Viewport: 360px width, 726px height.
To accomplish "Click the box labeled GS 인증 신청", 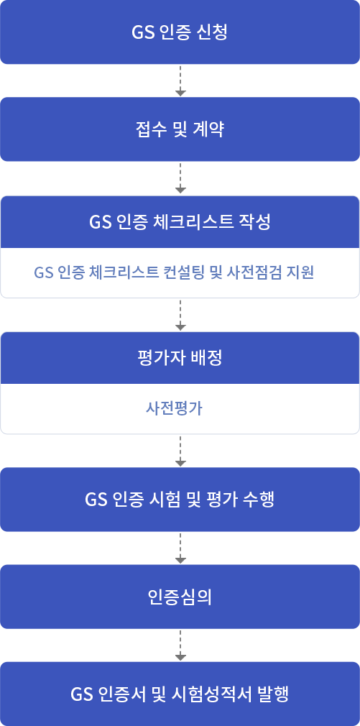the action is (180, 32).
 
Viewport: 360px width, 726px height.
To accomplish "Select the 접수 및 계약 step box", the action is (180, 129).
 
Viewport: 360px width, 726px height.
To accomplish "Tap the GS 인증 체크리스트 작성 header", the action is (180, 222).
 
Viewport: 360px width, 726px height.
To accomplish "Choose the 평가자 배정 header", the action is (180, 358).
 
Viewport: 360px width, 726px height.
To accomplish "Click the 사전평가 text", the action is (174, 408).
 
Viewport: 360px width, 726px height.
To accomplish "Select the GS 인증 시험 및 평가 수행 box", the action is (180, 500).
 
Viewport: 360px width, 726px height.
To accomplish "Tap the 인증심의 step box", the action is (180, 597).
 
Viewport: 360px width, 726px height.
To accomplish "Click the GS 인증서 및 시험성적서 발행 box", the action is (180, 694).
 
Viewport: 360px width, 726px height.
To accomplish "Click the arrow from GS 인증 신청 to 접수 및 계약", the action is (180, 81).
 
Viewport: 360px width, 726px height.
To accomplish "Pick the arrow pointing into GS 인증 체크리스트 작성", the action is (180, 178).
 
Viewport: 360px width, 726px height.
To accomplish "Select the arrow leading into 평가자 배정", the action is (180, 316).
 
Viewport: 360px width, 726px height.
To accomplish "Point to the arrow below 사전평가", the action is (180, 451).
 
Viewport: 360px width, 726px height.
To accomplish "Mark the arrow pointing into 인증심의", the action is (180, 548).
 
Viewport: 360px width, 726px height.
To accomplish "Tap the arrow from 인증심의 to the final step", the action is (180, 646).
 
